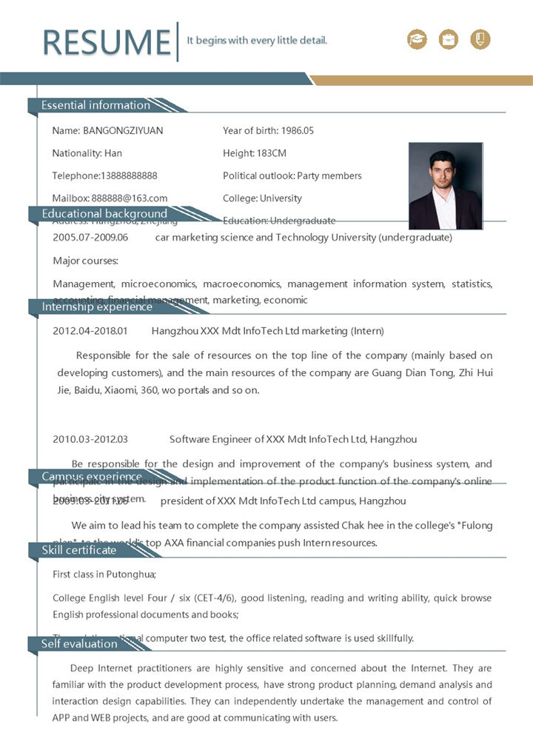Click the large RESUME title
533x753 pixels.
pos(107,41)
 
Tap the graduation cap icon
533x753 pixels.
pos(418,39)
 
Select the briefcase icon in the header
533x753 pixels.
pos(449,39)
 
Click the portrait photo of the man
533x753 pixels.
pos(445,186)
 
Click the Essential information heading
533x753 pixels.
pos(95,105)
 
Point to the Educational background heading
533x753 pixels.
pos(104,214)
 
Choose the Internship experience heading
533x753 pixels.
pos(97,307)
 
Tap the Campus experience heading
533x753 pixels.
pos(92,477)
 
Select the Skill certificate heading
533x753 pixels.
pos(79,550)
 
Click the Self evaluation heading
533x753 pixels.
pos(79,644)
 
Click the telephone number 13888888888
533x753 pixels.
pos(129,175)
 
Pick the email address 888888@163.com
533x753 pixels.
pos(130,198)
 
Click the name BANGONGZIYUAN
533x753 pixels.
pos(123,130)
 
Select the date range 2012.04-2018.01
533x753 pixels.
pos(90,330)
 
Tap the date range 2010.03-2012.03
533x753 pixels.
pos(90,439)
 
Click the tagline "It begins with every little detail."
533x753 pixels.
pos(257,41)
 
